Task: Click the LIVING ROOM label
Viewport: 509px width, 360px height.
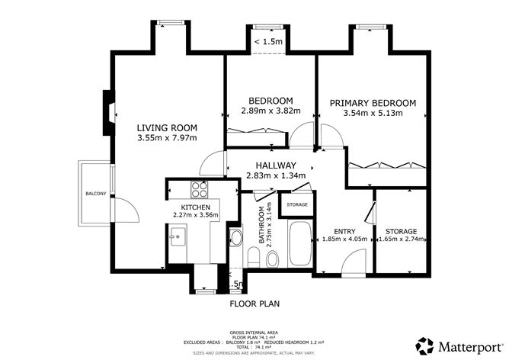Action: [167, 127]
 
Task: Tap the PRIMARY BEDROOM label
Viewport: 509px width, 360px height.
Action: [373, 103]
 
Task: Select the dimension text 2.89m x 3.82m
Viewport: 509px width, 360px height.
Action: [271, 111]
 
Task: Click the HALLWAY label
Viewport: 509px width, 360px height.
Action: [276, 165]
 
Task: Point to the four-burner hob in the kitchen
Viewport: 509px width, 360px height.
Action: [200, 190]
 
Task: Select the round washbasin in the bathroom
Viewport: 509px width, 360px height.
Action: [236, 239]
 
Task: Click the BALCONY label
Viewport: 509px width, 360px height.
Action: [95, 193]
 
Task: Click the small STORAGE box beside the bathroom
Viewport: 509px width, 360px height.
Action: [297, 204]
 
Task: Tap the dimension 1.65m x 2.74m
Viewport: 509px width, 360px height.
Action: [400, 239]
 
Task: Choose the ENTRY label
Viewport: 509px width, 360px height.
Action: [345, 231]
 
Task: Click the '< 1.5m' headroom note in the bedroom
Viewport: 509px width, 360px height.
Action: [267, 42]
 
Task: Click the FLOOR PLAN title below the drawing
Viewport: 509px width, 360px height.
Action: [255, 304]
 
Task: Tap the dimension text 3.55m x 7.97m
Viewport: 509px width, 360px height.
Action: [167, 138]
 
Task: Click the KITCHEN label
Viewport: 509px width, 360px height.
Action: [194, 207]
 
